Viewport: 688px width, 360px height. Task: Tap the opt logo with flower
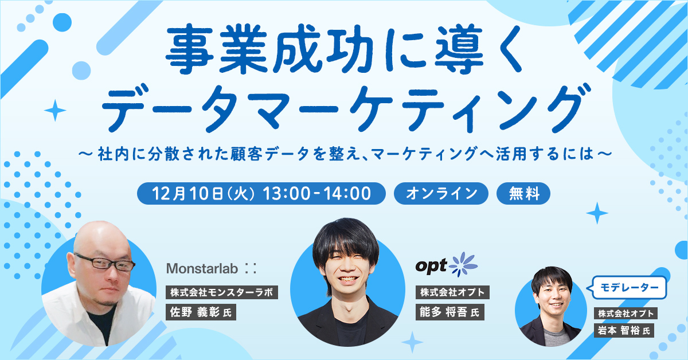[446, 265]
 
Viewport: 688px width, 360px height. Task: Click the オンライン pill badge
[441, 194]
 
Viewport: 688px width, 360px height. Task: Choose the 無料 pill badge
[523, 194]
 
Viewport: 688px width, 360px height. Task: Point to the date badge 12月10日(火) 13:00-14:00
[261, 194]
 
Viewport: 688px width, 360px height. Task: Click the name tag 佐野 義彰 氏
[201, 312]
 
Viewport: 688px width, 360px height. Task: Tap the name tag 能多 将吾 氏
[449, 312]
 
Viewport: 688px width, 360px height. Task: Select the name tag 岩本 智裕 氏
[624, 331]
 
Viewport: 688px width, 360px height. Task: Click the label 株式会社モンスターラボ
[222, 292]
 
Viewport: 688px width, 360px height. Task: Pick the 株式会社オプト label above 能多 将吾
[452, 292]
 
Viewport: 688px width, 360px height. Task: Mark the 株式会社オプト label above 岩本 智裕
[626, 314]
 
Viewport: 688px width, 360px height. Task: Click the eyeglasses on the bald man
[104, 263]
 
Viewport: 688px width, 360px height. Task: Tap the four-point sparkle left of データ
[55, 110]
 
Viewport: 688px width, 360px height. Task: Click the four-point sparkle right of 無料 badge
[597, 213]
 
